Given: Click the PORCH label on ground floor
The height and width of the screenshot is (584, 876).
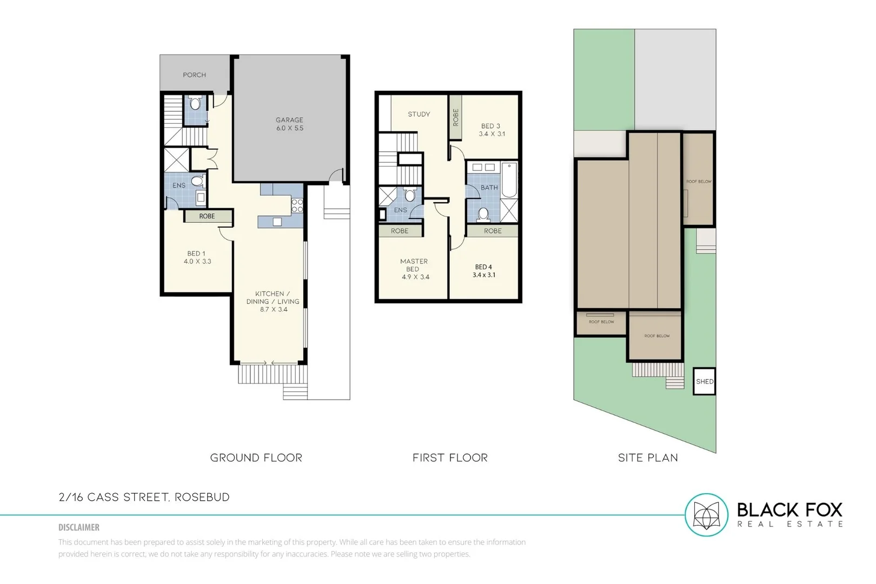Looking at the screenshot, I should (194, 75).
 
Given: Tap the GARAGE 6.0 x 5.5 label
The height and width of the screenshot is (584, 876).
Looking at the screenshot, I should (289, 124).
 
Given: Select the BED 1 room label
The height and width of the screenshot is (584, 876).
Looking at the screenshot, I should (196, 257).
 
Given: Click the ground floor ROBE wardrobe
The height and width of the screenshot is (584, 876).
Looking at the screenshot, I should (207, 216).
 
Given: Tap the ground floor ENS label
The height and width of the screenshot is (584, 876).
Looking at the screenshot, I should (178, 185).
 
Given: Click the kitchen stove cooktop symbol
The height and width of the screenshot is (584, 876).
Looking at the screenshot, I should (297, 205).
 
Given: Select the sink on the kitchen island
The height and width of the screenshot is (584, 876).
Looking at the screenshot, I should (277, 221).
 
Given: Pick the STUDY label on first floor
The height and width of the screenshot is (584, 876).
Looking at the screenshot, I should (419, 114).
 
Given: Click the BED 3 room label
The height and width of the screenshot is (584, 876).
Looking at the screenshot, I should (491, 130).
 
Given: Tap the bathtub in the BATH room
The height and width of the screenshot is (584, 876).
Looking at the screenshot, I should (509, 180).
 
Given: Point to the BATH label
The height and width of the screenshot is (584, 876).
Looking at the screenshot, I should (489, 188).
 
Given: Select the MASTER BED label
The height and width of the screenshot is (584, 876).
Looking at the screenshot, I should (414, 269).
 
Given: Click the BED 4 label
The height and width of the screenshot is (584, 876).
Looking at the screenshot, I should (483, 270).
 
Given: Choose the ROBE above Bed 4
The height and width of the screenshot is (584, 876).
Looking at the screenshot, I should (493, 231).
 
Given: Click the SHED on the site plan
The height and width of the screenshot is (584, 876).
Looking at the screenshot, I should (704, 381).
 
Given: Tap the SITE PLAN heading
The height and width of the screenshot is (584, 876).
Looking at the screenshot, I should (648, 458).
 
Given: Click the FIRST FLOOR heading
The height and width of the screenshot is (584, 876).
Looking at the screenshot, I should (450, 458).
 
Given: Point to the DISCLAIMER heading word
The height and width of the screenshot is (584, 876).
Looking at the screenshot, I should (79, 527).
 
